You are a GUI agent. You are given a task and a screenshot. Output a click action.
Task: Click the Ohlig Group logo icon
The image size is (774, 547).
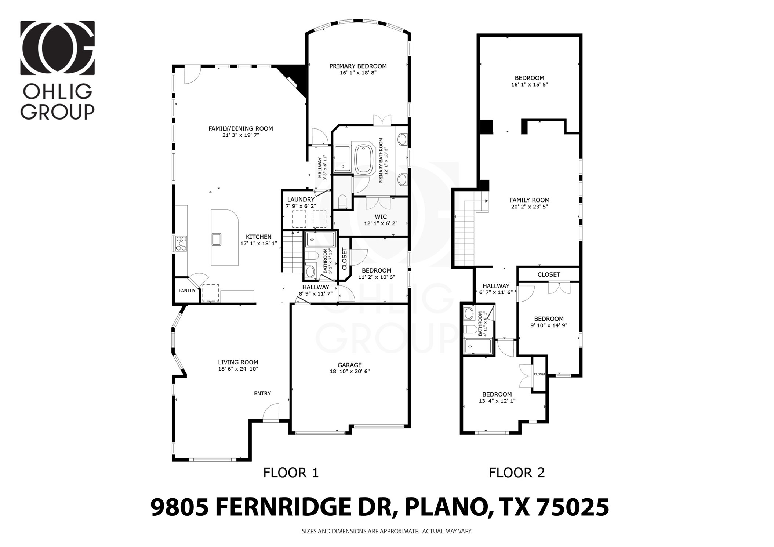coord(57,48)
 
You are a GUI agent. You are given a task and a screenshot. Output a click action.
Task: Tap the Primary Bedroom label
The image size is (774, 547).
coord(358,66)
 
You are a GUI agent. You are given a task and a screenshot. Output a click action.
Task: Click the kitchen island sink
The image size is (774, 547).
coord(216,239)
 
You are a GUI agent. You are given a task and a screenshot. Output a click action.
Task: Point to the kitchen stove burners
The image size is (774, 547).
coord(181,243)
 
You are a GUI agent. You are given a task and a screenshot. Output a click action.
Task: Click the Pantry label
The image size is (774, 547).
coord(187,291)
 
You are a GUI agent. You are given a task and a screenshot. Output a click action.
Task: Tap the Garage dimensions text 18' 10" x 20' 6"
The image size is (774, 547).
coord(349,371)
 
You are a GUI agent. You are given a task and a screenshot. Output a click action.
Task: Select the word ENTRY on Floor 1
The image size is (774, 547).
coord(262,393)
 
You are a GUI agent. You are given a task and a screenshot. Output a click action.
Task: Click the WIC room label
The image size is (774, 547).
coord(381,217)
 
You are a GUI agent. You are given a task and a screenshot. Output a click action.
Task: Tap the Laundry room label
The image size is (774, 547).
coord(301,200)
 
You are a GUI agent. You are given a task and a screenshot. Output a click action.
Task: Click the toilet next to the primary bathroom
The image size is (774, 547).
coord(342,201)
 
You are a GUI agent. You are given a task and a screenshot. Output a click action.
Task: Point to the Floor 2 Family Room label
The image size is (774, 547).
coord(529,200)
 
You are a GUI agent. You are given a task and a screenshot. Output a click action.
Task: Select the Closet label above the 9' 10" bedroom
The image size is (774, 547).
coord(549,274)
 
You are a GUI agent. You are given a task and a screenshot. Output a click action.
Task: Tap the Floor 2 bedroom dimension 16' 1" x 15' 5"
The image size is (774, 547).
coord(529,84)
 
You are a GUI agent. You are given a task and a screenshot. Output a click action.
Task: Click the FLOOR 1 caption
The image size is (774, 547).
coord(291,473)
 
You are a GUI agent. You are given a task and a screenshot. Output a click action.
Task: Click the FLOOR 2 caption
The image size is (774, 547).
coord(516,473)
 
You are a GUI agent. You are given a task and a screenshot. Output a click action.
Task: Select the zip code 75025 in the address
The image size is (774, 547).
coord(573,508)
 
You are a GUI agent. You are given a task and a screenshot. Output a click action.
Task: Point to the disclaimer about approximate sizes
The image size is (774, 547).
coord(387,531)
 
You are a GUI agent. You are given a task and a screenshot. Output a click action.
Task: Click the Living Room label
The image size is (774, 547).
coord(238,362)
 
